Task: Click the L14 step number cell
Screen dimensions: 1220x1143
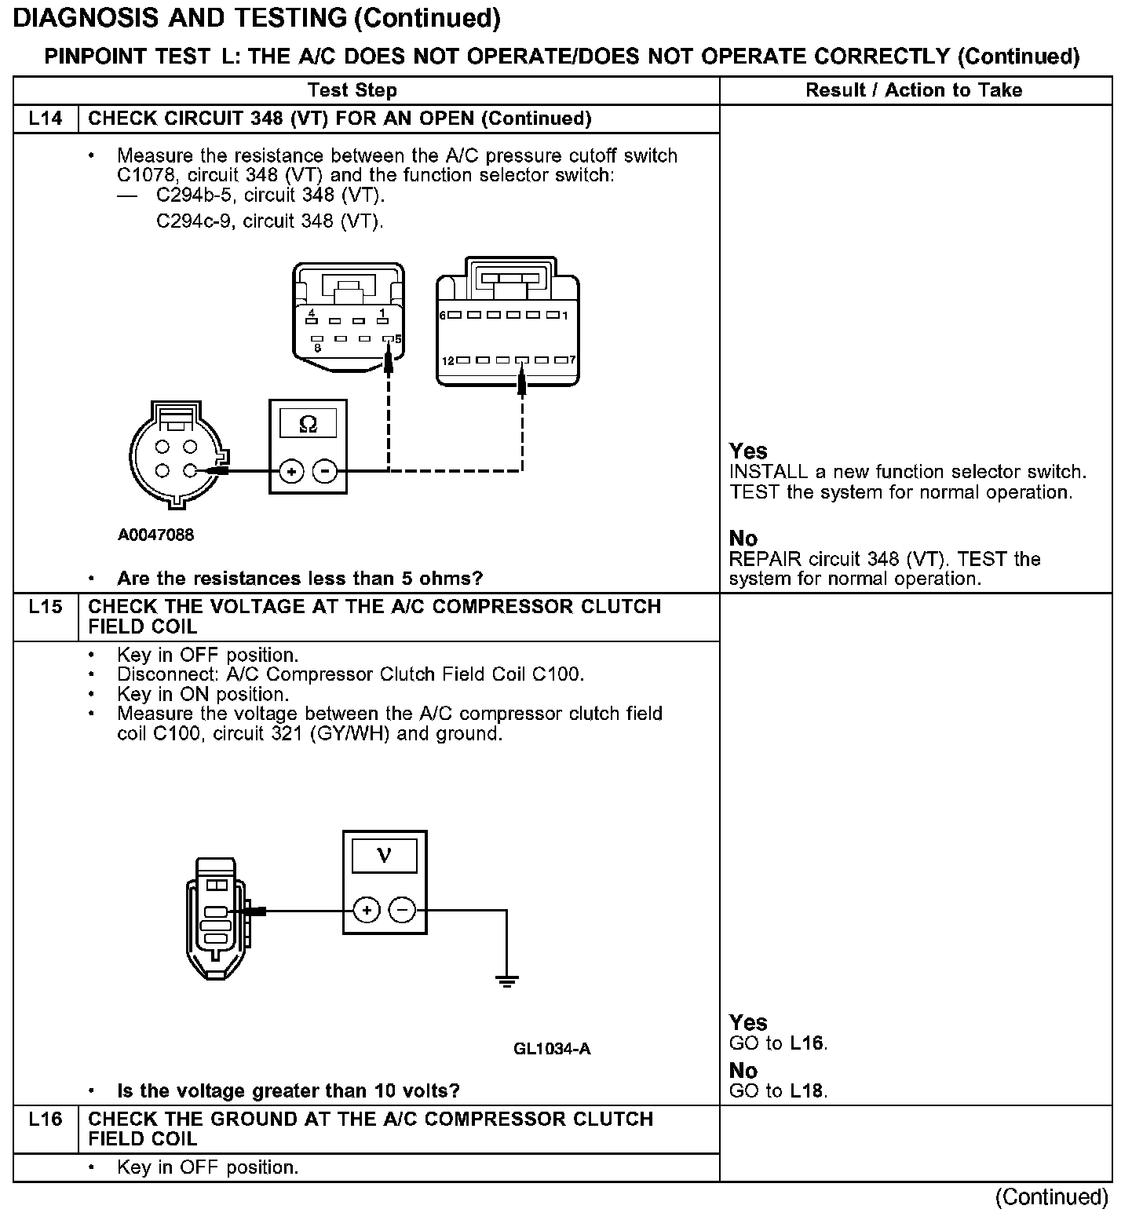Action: [46, 119]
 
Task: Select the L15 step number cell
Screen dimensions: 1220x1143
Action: [46, 607]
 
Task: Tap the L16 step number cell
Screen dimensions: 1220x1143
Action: [46, 1120]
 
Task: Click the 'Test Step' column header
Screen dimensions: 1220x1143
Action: [352, 90]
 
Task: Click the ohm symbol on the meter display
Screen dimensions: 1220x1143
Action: [309, 425]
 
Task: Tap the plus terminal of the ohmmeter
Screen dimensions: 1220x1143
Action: [291, 472]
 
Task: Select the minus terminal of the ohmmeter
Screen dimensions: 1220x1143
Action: [324, 472]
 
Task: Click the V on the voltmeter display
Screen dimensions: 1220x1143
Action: [384, 855]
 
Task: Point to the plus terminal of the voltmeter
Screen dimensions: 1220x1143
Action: [367, 911]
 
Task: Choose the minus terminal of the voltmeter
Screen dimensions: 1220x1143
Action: [402, 911]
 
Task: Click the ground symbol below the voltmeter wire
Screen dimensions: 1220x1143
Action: [506, 981]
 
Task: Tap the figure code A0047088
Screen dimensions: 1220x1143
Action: [156, 535]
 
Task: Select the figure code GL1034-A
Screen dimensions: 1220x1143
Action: [552, 1049]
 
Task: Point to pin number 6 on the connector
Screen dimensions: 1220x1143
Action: [443, 316]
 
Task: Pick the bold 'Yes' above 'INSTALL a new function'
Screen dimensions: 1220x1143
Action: [748, 451]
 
